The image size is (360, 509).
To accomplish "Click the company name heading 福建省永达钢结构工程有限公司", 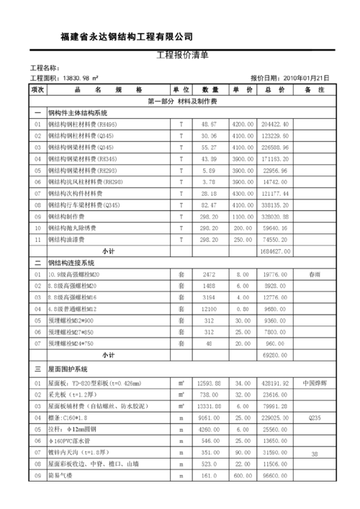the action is [127, 37].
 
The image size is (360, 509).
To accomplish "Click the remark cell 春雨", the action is [313, 274].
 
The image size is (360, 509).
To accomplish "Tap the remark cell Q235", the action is [313, 418].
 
